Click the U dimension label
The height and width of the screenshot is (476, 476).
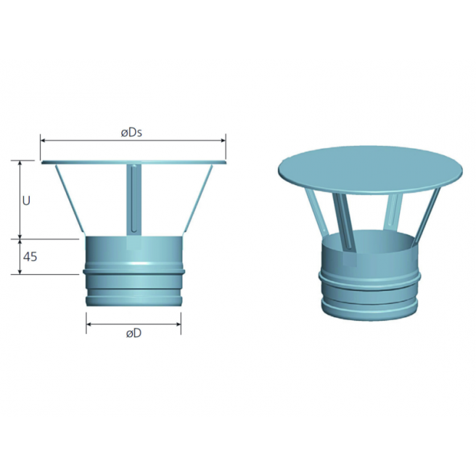click(x=26, y=200)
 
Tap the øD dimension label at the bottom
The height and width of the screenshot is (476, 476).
click(x=133, y=334)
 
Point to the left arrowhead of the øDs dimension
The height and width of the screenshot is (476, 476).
click(x=43, y=141)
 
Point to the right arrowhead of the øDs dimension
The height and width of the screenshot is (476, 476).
click(x=223, y=141)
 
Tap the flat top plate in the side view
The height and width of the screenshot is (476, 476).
click(x=134, y=163)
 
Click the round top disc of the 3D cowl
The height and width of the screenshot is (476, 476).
click(x=370, y=165)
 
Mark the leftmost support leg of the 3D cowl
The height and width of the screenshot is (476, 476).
click(x=316, y=216)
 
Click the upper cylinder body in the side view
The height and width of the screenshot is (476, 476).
click(x=134, y=251)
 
